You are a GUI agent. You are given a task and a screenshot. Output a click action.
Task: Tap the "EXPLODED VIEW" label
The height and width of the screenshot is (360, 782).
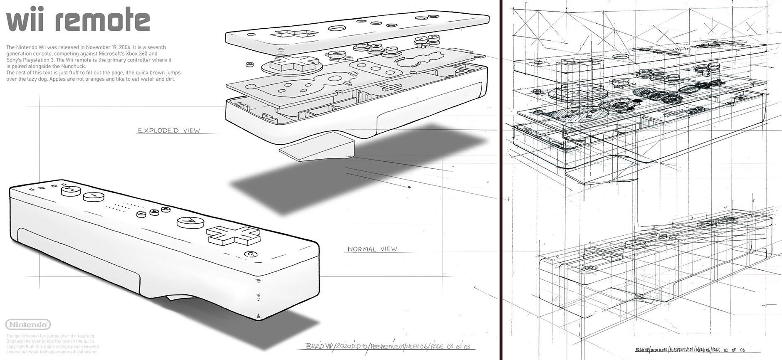[169, 131]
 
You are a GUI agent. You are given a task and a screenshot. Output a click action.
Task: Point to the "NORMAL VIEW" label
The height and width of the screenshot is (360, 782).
[372, 249]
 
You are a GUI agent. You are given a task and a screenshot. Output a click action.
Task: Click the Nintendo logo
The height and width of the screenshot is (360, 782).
[28, 325]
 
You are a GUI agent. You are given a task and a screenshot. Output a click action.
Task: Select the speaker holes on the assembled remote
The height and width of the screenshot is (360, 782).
[125, 206]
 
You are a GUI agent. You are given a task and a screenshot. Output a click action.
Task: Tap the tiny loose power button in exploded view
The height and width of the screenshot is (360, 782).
[250, 64]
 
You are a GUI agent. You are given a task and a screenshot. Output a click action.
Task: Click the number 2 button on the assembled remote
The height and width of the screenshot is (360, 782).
[70, 191]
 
